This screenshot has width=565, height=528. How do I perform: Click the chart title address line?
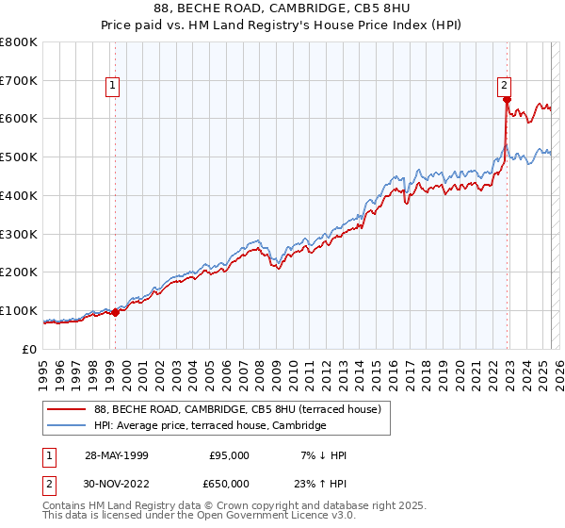tap(282, 10)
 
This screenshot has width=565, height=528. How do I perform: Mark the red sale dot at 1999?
tap(115, 312)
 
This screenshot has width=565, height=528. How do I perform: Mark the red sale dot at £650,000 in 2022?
tap(507, 100)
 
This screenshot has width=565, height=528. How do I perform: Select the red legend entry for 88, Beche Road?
tap(236, 409)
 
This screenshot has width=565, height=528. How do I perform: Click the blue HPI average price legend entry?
tap(209, 426)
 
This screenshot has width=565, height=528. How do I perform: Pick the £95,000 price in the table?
tap(228, 455)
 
